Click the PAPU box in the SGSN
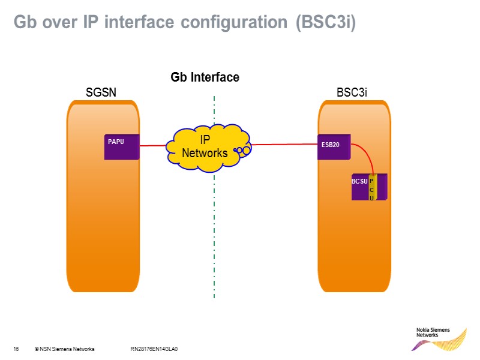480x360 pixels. coord(122,147)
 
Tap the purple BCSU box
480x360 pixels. coord(359,187)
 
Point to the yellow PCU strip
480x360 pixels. coord(372,188)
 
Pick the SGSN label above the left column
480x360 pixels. coord(101,92)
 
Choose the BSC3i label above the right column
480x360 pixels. coord(352,92)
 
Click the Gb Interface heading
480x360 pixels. coord(205,77)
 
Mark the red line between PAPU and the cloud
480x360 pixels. coord(152,145)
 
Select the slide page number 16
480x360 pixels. coord(16,349)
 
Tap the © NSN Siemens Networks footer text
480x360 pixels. coord(64,349)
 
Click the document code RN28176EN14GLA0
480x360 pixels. coord(154,349)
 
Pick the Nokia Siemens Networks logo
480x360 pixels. coord(441,338)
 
